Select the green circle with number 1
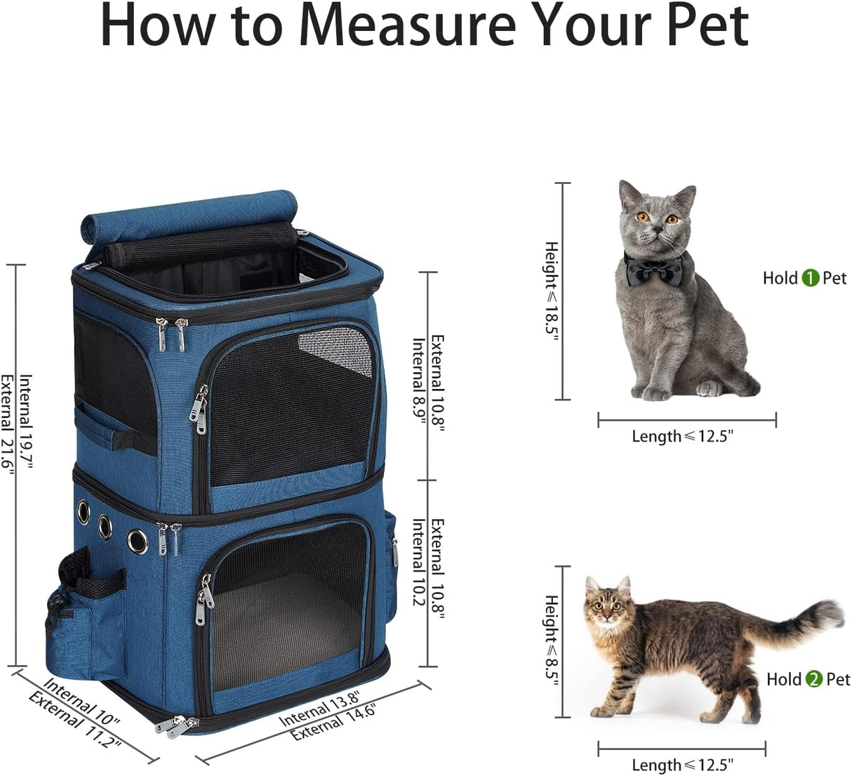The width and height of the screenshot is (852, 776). pyautogui.click(x=811, y=278)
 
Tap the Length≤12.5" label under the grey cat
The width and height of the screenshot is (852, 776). pyautogui.click(x=682, y=436)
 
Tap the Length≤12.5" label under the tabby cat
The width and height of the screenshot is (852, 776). pyautogui.click(x=682, y=765)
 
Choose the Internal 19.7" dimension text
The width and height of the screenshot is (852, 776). pyautogui.click(x=26, y=421)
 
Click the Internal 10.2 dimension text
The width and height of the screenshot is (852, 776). pyautogui.click(x=419, y=563)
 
